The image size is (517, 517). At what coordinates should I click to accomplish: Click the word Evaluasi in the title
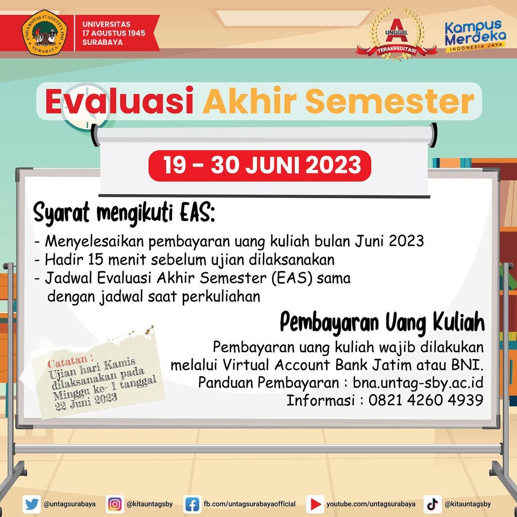click(x=120, y=101)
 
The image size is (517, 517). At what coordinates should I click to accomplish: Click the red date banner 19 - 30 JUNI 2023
click(x=260, y=166)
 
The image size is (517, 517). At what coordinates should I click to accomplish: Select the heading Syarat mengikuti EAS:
click(x=125, y=213)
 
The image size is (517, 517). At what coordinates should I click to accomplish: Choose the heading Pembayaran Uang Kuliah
click(x=382, y=323)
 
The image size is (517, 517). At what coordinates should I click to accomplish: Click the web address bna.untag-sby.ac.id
click(x=418, y=382)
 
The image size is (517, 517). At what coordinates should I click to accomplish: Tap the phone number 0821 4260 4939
click(x=426, y=400)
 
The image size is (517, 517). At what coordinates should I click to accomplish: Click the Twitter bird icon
click(x=32, y=504)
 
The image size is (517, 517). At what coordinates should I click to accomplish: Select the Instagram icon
click(x=114, y=504)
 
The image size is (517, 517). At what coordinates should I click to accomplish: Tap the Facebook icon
click(x=192, y=504)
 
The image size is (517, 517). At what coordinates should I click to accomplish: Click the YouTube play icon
click(x=315, y=504)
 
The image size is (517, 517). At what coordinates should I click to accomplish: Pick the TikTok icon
click(x=432, y=504)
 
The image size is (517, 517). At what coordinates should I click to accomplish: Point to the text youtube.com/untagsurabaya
click(x=371, y=504)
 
